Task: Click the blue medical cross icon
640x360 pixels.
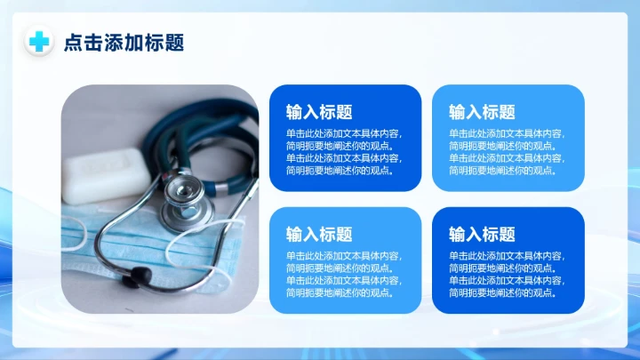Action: [39, 42]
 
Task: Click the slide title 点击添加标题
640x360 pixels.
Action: [124, 43]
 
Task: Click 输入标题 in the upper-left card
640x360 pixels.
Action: [319, 112]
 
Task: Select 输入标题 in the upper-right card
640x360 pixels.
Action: [482, 112]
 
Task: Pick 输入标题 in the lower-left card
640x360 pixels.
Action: [319, 235]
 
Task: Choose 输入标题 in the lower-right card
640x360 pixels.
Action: [482, 235]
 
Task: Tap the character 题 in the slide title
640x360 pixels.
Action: [174, 43]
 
